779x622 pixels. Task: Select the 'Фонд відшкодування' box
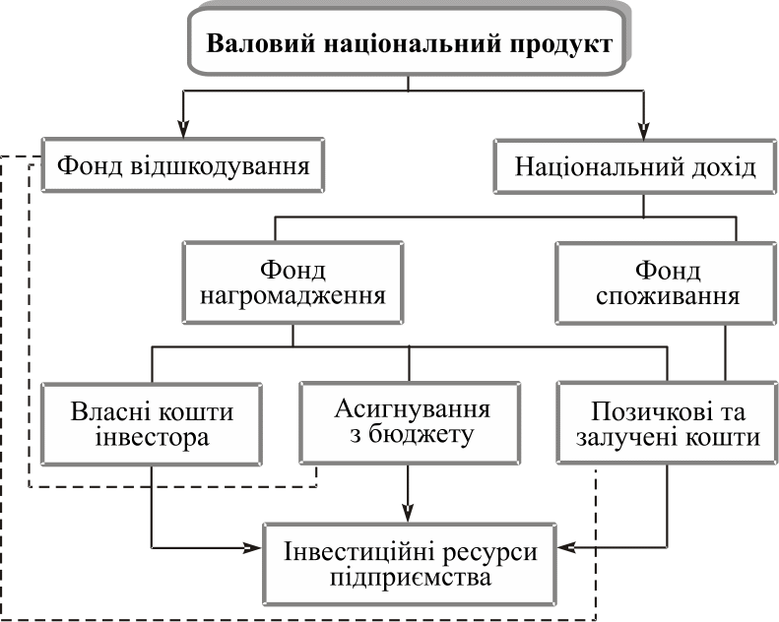183,165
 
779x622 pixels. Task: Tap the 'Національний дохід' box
635,166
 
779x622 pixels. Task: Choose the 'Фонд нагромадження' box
292,282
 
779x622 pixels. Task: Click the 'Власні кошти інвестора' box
152,423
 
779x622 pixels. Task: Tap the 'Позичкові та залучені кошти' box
667,423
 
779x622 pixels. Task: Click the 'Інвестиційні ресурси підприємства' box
410,564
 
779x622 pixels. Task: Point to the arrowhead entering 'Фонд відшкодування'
183,128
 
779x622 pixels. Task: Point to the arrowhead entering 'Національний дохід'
643,128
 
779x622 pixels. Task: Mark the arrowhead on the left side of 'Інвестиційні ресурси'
254,545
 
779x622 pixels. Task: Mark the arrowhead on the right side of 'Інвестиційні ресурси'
566,545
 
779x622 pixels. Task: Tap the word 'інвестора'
152,438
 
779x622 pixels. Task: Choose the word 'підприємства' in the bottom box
410,578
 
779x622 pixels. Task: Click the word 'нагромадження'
292,296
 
